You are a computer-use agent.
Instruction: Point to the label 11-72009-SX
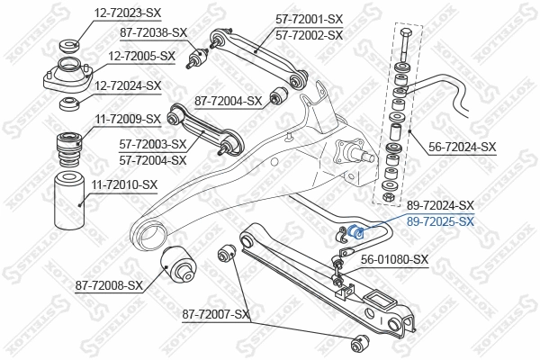coord(128,118)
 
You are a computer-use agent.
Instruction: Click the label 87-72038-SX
coord(154,32)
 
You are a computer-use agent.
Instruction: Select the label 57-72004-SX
coord(153,160)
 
